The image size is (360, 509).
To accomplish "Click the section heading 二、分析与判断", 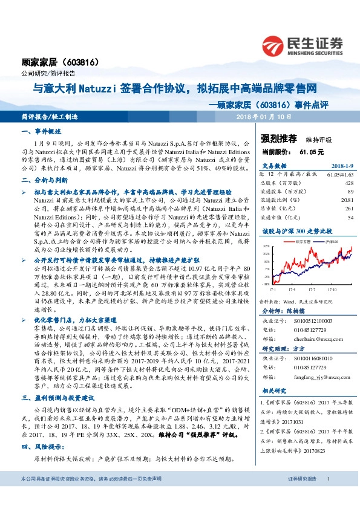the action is (x=41, y=180).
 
